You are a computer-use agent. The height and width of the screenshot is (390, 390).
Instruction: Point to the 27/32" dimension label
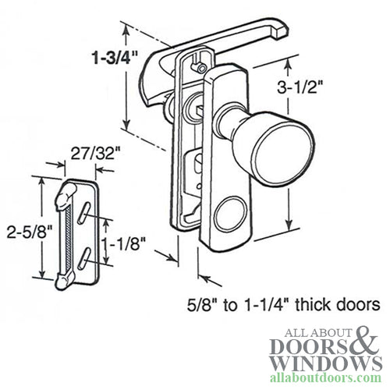pyautogui.click(x=85, y=153)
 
